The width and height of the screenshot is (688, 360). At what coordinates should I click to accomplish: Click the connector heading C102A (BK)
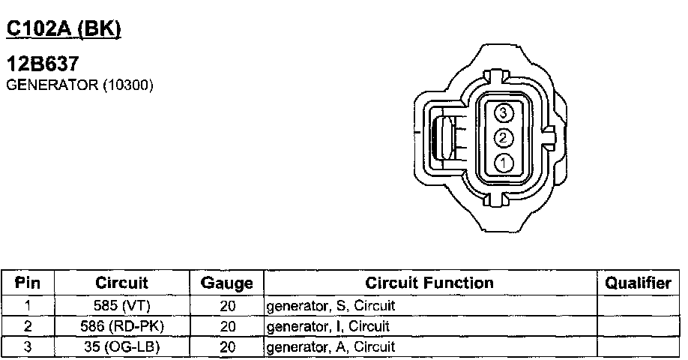click(x=64, y=29)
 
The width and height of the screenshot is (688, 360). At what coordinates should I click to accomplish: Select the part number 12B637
click(x=43, y=64)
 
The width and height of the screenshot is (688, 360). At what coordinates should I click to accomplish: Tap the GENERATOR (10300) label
click(x=80, y=85)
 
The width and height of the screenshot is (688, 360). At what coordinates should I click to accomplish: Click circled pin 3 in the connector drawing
click(x=504, y=113)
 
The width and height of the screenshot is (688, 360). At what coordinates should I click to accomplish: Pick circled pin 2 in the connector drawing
click(x=504, y=138)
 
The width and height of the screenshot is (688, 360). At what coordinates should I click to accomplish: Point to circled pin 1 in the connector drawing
click(x=504, y=163)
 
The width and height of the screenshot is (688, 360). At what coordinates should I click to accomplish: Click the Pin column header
click(x=28, y=283)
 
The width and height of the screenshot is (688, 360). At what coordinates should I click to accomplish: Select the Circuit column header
click(x=121, y=283)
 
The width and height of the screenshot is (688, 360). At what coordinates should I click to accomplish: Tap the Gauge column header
click(x=227, y=283)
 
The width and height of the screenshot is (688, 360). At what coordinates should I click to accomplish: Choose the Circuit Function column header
click(x=429, y=283)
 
